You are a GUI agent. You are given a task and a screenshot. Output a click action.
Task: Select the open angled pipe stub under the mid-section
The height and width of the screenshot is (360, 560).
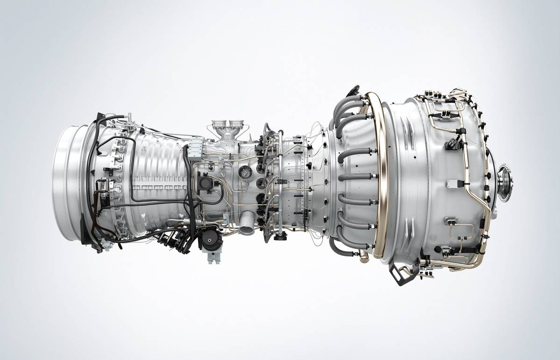246,223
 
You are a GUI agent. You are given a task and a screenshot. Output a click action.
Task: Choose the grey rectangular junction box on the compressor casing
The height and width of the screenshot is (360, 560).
194,143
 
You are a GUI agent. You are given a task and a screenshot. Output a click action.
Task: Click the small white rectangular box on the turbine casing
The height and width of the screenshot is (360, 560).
452,183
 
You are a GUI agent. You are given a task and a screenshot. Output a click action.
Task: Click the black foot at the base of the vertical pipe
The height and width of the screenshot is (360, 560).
280,238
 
